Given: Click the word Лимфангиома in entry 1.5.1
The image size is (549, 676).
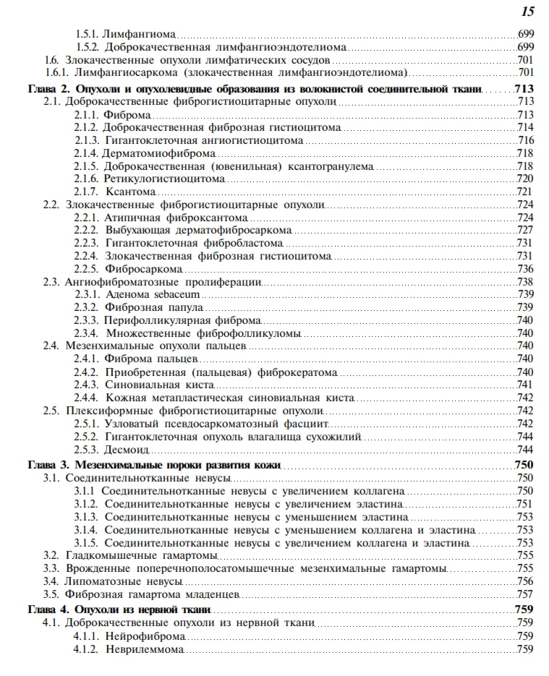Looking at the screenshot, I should click(140, 34).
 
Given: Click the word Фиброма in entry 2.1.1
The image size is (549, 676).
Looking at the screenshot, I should click(127, 115).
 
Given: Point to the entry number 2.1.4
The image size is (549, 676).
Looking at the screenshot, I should click(86, 153).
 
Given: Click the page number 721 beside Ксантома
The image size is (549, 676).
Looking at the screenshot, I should click(525, 192).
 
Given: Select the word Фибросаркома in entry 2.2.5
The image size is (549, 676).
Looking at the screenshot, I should click(140, 268).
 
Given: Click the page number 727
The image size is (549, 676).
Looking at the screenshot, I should click(525, 230).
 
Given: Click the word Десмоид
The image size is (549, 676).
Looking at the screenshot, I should click(127, 449).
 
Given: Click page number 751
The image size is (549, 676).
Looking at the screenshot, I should click(525, 504).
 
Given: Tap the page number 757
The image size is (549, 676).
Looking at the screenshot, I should click(525, 594).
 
